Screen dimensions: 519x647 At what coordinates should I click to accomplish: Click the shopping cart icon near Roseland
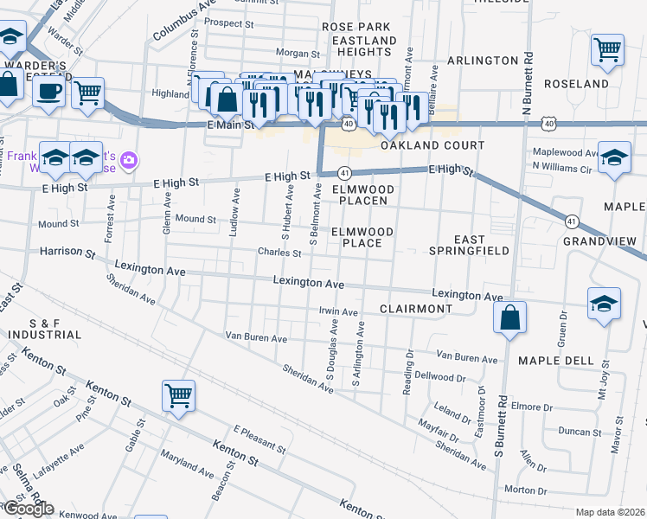click(608, 49)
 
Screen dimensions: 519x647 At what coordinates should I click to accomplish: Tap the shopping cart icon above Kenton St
click(178, 396)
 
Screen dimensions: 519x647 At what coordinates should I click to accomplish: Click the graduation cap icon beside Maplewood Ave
click(614, 158)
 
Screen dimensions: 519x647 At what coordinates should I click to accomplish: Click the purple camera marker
click(130, 159)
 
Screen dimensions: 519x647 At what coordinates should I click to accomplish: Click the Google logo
click(28, 509)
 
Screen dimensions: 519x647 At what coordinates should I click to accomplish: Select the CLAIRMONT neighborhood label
click(415, 309)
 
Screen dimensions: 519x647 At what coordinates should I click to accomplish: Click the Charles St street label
click(279, 253)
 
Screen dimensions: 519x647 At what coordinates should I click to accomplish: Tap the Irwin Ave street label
click(338, 311)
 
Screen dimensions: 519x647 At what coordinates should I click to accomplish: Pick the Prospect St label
click(230, 25)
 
